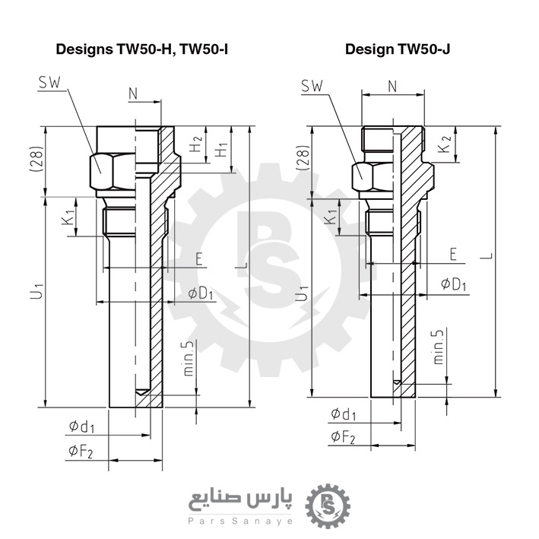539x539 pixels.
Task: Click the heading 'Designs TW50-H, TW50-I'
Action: pyautogui.click(x=142, y=49)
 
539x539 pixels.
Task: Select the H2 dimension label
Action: pyautogui.click(x=196, y=142)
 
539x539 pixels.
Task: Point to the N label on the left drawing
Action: pyautogui.click(x=133, y=93)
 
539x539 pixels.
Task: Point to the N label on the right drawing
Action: pyautogui.click(x=392, y=86)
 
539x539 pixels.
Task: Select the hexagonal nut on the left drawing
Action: pyautogui.click(x=105, y=171)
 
